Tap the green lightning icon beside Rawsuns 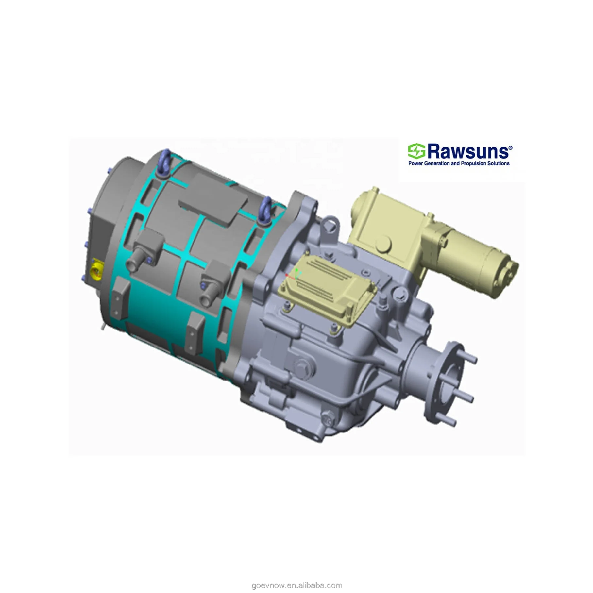coord(416,151)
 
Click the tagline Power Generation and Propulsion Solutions coord(459,163)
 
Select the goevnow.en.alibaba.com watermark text coord(296,585)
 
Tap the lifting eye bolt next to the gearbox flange coord(265,209)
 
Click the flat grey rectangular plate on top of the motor coord(213,198)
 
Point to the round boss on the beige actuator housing coord(383,244)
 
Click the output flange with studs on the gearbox coord(445,382)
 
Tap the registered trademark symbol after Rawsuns coord(510,148)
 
